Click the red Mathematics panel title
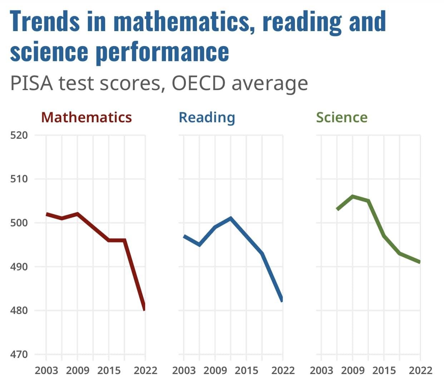point(87,117)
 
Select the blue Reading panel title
point(207,117)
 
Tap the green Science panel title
point(342,117)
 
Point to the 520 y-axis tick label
point(19,136)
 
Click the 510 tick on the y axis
point(19,179)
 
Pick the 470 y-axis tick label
point(19,354)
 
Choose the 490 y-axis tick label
point(19,267)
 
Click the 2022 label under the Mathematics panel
point(145,370)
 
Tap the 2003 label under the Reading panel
point(184,370)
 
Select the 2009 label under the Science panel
point(353,370)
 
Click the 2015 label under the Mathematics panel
point(109,370)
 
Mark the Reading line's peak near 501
point(231,218)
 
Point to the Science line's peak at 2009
point(353,196)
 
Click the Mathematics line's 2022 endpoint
point(144,309)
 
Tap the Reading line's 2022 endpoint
point(282,300)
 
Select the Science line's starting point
point(337,209)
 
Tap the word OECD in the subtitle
point(198,83)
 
